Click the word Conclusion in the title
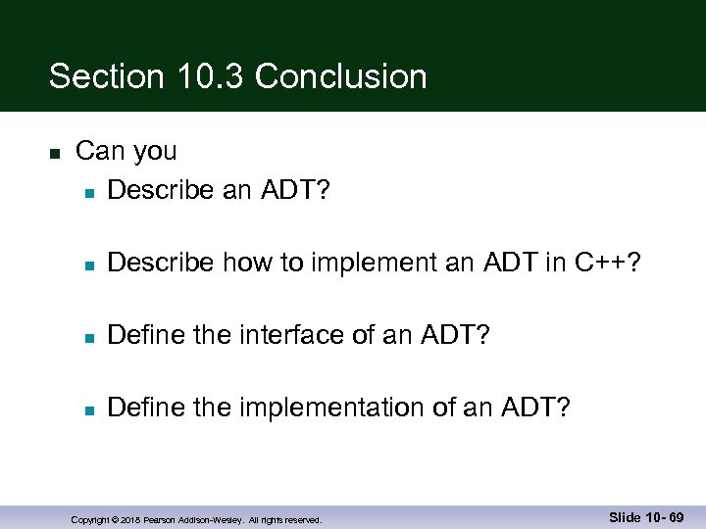[x=340, y=76]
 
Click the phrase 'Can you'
[x=126, y=151]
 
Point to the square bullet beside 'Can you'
[x=55, y=153]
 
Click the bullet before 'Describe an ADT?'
[x=88, y=191]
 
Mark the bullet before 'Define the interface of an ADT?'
[x=88, y=338]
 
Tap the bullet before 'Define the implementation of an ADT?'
[x=88, y=409]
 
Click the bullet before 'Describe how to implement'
[x=88, y=264]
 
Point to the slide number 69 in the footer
[x=676, y=517]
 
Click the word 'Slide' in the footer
[x=627, y=517]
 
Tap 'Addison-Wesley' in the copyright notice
[x=211, y=520]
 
